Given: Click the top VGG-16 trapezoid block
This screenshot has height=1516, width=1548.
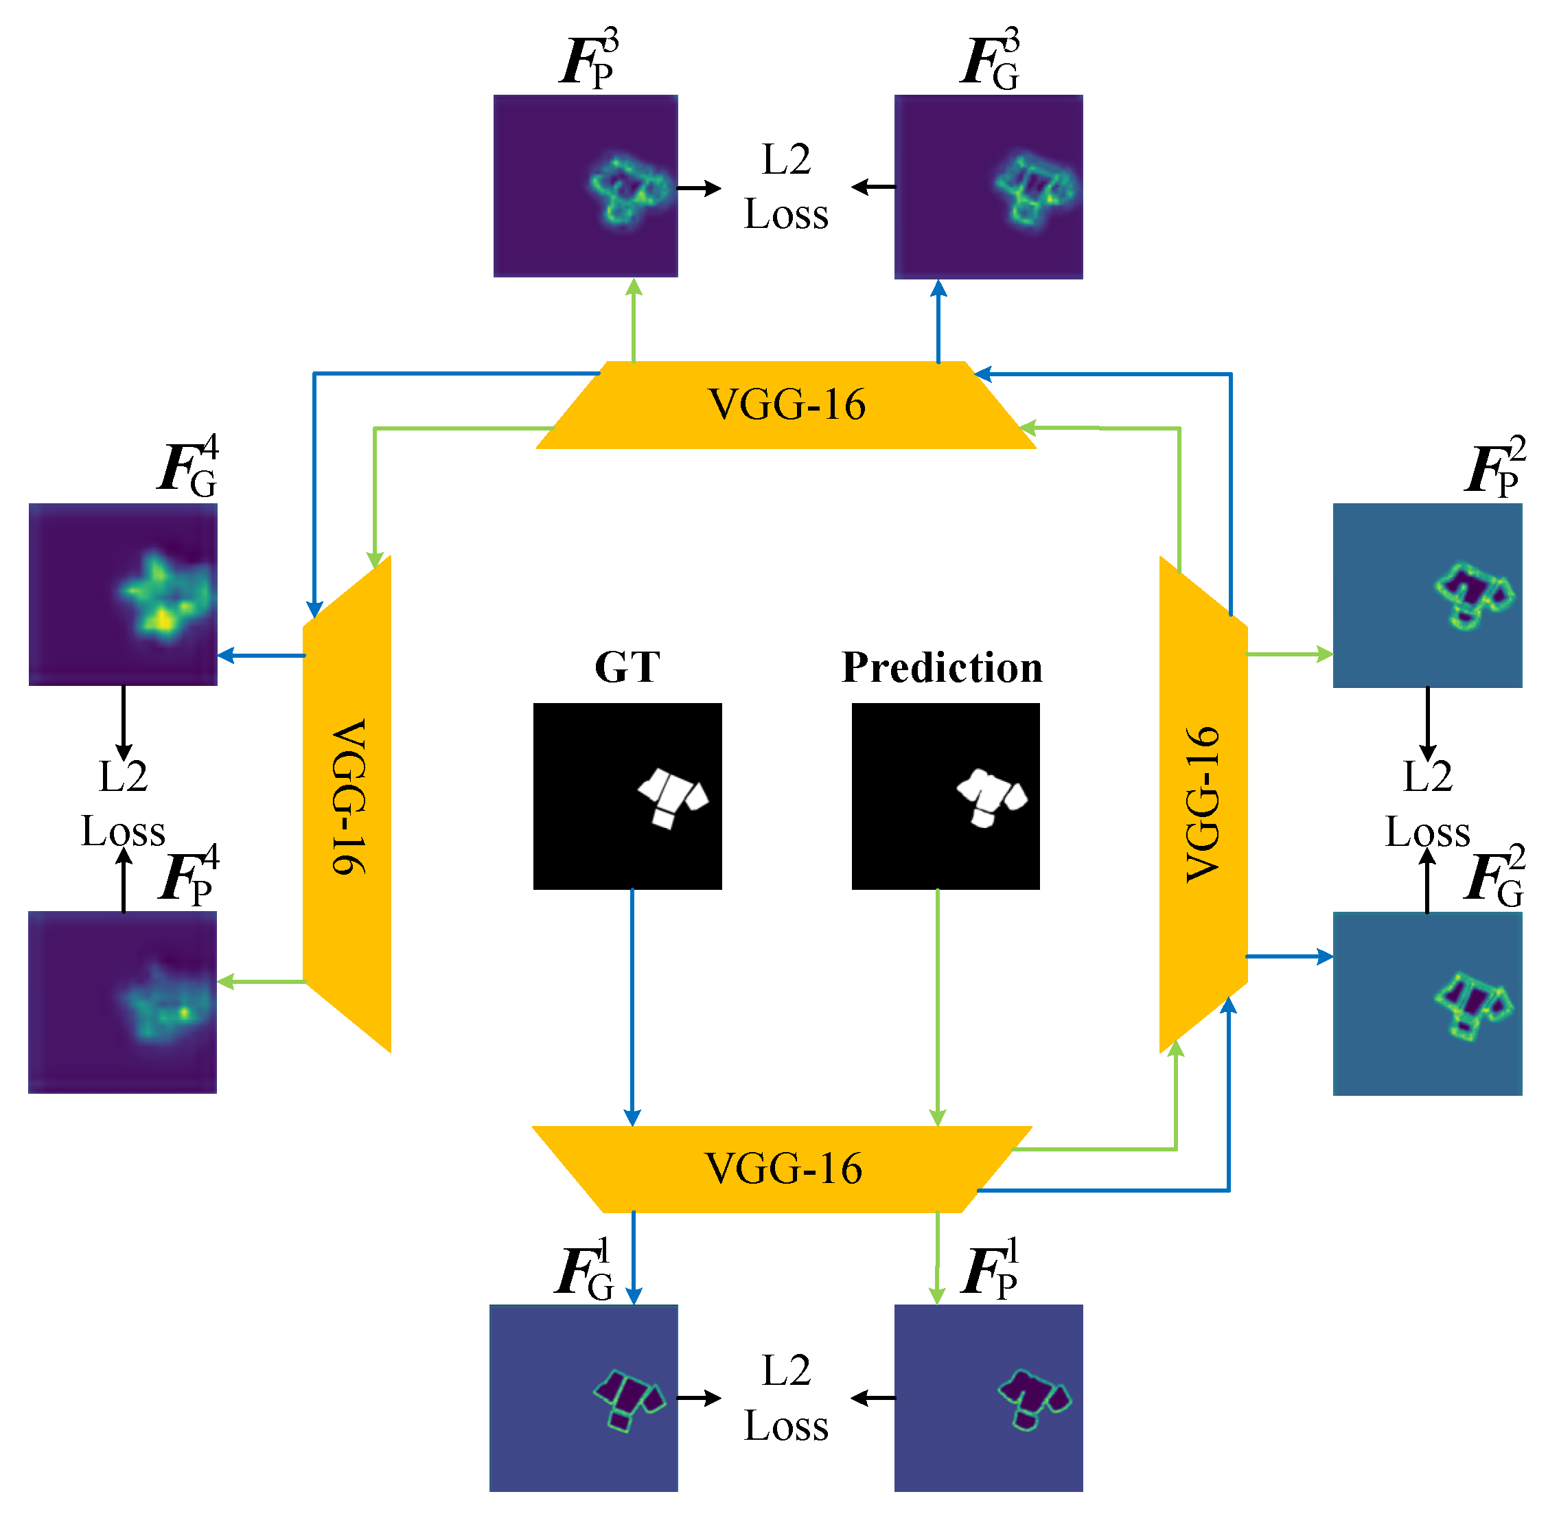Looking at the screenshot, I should click(x=786, y=404).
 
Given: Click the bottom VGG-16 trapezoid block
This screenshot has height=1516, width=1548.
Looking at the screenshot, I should click(x=783, y=1169).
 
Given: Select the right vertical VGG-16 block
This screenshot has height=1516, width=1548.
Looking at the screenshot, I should click(x=1203, y=804).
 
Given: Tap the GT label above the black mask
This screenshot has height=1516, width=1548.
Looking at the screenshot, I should click(x=627, y=667).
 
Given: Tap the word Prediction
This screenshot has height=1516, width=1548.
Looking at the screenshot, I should click(x=942, y=667).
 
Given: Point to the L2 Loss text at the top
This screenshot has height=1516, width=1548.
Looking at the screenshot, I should click(x=785, y=187).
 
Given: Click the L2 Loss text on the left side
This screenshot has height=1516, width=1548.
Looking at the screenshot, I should click(x=123, y=804).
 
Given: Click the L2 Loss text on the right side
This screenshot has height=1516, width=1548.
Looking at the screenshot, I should click(x=1427, y=804).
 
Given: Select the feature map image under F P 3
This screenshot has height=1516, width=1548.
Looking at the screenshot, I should click(x=585, y=186).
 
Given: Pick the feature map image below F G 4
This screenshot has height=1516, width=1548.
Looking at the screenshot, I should click(x=123, y=594).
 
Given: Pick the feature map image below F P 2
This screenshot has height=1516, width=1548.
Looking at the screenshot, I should click(x=1427, y=595).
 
